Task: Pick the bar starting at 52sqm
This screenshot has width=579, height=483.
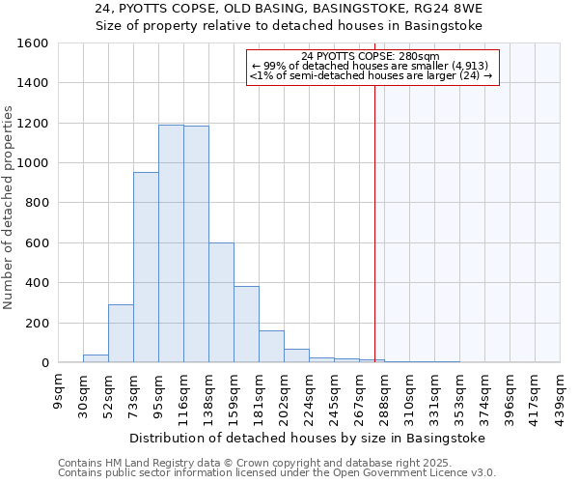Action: tap(121, 333)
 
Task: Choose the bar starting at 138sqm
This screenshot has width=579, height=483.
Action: tap(221, 302)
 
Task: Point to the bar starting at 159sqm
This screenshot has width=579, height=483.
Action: tap(246, 325)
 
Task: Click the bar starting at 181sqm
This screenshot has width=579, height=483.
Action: tap(271, 347)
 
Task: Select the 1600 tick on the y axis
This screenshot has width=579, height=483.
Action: tap(33, 43)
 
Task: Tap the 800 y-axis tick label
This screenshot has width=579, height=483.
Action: tap(37, 203)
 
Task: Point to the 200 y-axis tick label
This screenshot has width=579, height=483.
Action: tap(37, 323)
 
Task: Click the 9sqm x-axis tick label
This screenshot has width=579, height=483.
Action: tap(58, 391)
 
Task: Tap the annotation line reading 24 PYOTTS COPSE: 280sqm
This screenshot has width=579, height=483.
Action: tap(371, 56)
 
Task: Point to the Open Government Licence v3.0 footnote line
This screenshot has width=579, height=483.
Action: tap(277, 473)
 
